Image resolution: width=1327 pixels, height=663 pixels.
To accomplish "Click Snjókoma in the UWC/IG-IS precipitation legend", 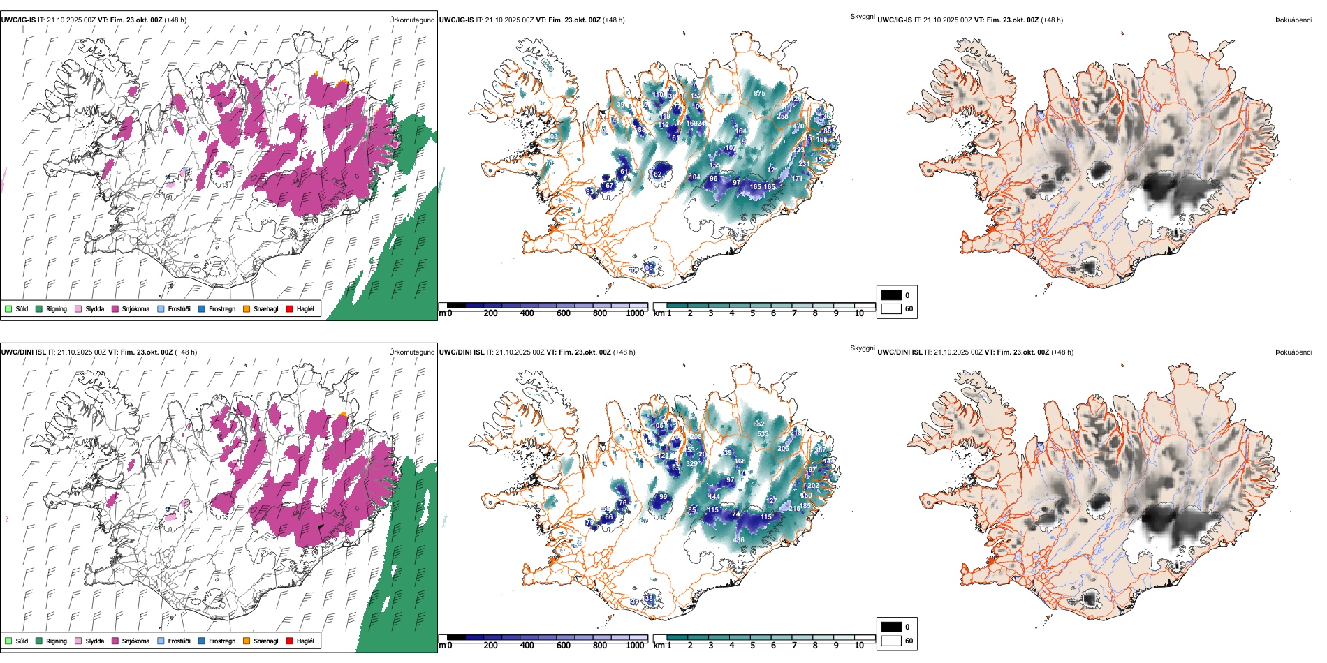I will (135, 308).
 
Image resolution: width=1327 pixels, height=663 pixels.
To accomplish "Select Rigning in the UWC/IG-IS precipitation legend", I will (57, 308).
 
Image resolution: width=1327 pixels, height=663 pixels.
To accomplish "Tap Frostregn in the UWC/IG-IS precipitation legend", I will (221, 308).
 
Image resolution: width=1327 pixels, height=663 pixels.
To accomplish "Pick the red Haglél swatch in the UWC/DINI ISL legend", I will (289, 641).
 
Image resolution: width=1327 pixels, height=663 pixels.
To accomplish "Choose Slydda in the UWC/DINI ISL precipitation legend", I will (94, 641).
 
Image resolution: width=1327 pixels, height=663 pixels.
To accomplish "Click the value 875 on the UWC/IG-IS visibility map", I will (759, 93).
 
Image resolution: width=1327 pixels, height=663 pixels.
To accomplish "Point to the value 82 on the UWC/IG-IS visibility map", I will (657, 174).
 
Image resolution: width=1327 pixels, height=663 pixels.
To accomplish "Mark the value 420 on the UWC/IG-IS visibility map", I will (798, 126).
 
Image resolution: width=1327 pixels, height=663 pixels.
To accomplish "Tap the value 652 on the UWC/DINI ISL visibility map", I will (759, 424).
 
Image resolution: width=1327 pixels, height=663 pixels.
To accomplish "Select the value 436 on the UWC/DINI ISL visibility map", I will (739, 540).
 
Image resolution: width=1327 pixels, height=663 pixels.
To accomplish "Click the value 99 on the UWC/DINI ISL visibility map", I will (663, 497).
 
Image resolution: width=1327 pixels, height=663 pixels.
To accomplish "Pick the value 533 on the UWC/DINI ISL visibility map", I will (763, 434).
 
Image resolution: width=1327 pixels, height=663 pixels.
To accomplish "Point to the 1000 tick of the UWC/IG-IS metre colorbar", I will (635, 313).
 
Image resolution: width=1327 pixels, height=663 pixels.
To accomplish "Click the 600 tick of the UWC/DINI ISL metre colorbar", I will (564, 646).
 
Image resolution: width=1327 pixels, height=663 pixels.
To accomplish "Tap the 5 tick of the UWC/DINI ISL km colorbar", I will (752, 646).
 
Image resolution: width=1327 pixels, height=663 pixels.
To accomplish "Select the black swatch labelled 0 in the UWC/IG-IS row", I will (891, 295).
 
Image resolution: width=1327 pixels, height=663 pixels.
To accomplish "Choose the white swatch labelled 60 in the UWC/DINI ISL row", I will (891, 641).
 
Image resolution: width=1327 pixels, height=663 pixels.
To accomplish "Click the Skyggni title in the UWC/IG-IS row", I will (862, 16).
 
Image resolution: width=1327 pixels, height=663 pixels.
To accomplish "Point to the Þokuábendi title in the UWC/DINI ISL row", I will (1293, 352).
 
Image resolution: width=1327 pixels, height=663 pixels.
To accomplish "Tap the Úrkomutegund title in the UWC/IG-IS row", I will (411, 20).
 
